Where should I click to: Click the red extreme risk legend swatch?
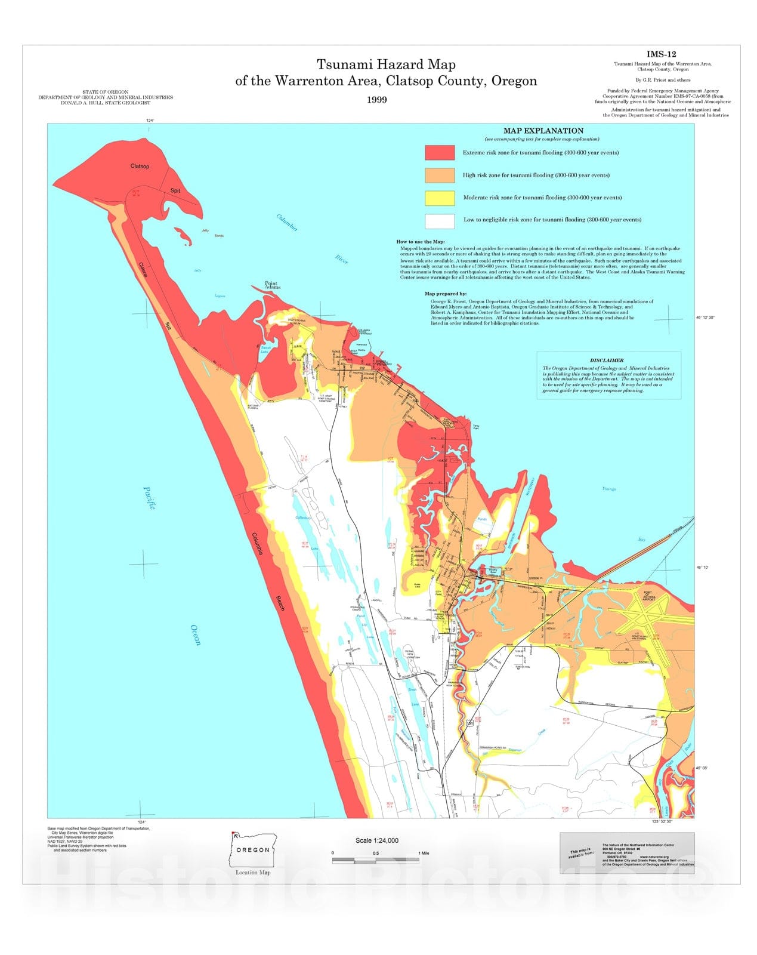click(x=440, y=153)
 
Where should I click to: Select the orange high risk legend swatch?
click(x=440, y=175)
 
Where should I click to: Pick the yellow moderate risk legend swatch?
click(x=440, y=198)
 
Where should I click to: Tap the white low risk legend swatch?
click(x=440, y=220)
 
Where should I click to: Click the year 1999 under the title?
click(x=377, y=100)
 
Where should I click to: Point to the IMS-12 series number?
click(x=662, y=54)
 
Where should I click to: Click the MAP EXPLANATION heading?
click(x=543, y=131)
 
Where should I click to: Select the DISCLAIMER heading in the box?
click(x=607, y=361)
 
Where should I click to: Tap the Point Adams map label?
click(x=271, y=285)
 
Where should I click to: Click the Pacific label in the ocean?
click(x=149, y=498)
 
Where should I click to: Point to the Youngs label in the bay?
click(x=608, y=489)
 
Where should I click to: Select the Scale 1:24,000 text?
click(x=377, y=840)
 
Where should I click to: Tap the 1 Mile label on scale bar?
click(x=424, y=854)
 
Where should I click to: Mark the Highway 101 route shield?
click(x=470, y=723)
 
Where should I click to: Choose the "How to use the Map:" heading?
click(x=421, y=242)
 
